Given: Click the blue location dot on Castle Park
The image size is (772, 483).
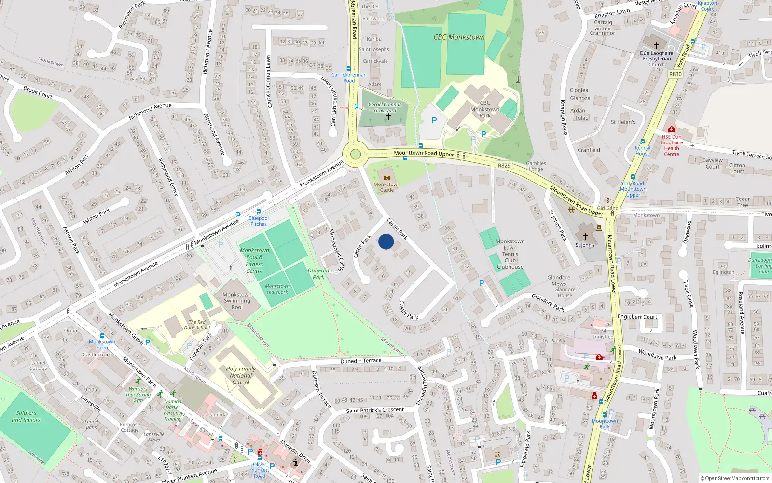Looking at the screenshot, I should [386, 241].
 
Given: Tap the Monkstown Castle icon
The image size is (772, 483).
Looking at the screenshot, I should [386, 177].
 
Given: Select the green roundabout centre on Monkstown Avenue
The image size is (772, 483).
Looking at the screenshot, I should [356, 155].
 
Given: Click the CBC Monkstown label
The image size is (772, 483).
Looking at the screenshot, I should [459, 37].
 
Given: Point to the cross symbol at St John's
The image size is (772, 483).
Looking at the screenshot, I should [585, 237].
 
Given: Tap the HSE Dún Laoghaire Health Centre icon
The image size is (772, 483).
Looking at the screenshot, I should [671, 129].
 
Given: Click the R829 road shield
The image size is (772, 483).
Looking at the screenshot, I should [504, 165].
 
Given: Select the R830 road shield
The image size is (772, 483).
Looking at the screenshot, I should [675, 74].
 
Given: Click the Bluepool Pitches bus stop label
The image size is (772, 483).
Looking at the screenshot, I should [259, 221].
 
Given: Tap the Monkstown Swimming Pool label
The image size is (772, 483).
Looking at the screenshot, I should [237, 300].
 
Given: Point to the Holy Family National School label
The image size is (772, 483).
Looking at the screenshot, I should [241, 375].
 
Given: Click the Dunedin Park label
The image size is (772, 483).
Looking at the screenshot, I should [318, 274].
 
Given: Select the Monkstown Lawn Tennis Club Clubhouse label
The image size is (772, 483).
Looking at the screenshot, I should [510, 254].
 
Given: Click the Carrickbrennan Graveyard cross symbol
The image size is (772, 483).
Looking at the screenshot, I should [389, 116].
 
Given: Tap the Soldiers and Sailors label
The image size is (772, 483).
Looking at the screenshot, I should [26, 416].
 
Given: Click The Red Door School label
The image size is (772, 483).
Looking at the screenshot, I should [197, 325].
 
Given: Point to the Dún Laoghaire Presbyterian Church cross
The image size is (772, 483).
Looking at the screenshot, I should [657, 45].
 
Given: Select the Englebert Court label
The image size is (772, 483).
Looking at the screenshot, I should [637, 317].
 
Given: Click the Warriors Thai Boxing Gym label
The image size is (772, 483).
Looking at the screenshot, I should [138, 395].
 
